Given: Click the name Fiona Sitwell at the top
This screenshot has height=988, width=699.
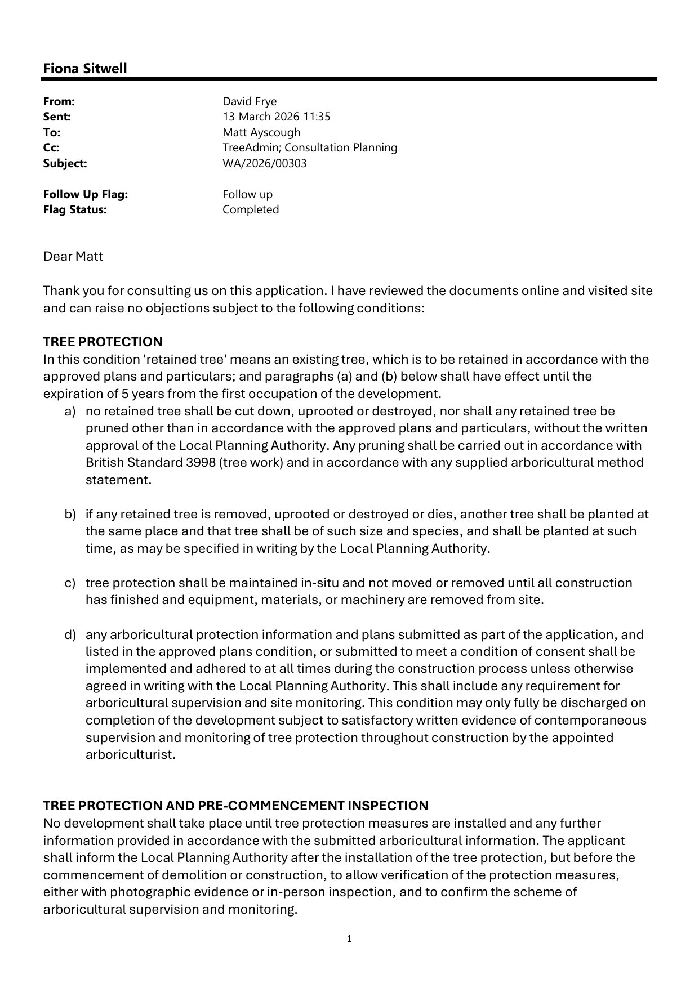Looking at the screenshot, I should (85, 69).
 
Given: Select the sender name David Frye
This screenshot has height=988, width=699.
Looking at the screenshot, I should (250, 101).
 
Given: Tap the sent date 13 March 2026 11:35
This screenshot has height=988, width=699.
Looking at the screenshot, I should (276, 117).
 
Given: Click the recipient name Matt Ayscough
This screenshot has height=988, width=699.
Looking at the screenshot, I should (261, 132).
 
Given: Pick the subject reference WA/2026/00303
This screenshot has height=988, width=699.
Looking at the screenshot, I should (264, 163).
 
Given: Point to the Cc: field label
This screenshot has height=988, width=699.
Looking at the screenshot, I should (51, 147).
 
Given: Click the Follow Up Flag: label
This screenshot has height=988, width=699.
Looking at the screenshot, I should (86, 194).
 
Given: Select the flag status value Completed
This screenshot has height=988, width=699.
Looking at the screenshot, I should (251, 209).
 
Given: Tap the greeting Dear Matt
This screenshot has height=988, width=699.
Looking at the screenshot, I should (73, 256).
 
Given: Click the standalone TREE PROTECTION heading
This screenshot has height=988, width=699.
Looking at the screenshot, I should (103, 342).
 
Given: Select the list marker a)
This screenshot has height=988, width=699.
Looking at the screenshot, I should (70, 411).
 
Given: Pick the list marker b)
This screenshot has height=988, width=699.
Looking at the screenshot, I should (70, 514).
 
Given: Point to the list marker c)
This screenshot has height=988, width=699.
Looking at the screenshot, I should (70, 583).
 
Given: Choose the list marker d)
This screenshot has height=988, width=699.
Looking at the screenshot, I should (70, 634).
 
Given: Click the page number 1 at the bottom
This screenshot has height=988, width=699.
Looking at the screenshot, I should (349, 938).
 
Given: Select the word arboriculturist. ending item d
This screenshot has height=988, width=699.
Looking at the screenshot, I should (131, 754).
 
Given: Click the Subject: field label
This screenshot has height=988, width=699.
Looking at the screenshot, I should (65, 163).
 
